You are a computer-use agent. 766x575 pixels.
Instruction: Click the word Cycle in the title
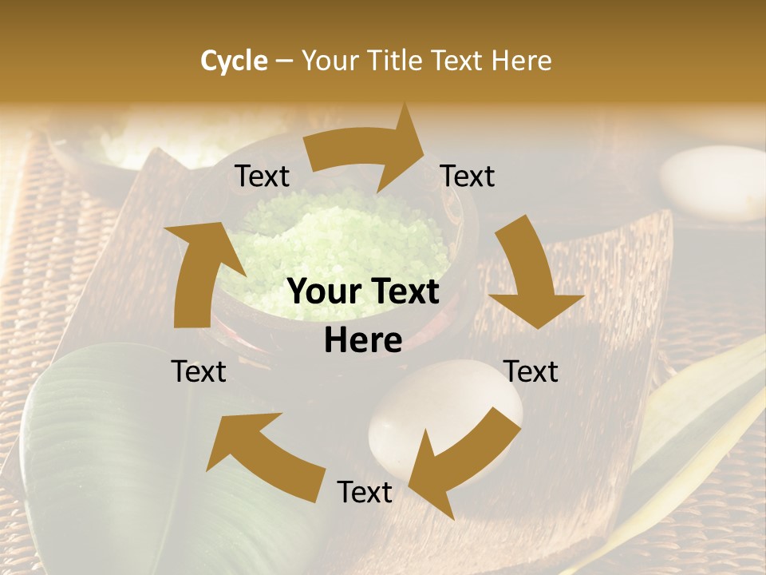pyautogui.click(x=234, y=61)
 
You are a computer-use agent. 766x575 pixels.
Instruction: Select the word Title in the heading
pyautogui.click(x=398, y=61)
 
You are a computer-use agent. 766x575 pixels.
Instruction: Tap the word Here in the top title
pyautogui.click(x=521, y=61)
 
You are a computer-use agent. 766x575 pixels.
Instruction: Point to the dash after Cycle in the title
pyautogui.click(x=284, y=61)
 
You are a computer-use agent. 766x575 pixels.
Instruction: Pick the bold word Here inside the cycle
pyautogui.click(x=362, y=341)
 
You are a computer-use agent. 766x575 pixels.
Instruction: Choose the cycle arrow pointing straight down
pyautogui.click(x=528, y=272)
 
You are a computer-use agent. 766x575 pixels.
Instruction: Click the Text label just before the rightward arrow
pyautogui.click(x=262, y=176)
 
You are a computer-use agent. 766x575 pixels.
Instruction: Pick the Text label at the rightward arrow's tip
pyautogui.click(x=468, y=176)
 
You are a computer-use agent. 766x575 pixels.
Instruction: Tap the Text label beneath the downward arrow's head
pyautogui.click(x=531, y=371)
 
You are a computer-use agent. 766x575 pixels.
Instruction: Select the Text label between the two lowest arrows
pyautogui.click(x=365, y=492)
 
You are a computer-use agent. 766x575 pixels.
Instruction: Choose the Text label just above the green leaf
pyautogui.click(x=199, y=371)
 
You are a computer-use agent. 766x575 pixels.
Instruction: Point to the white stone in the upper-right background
pyautogui.click(x=713, y=182)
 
